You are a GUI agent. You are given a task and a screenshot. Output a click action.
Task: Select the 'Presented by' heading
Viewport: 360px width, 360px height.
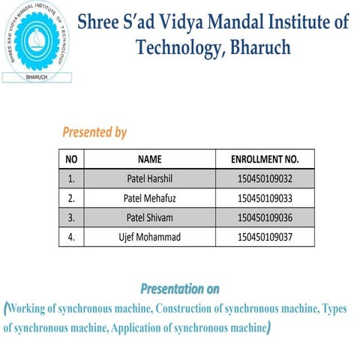click(x=94, y=133)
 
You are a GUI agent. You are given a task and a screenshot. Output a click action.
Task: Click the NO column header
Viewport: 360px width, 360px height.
click(x=72, y=159)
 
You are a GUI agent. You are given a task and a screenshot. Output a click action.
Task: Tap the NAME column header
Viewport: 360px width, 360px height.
click(x=150, y=159)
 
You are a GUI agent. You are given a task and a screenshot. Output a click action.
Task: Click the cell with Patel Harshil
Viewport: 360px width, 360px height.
click(x=150, y=179)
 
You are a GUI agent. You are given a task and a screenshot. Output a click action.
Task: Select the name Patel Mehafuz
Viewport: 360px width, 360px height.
click(x=150, y=199)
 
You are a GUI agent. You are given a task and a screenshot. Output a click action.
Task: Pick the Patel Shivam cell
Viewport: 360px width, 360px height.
click(x=150, y=218)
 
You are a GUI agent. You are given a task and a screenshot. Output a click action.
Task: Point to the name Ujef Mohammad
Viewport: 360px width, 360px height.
click(x=150, y=238)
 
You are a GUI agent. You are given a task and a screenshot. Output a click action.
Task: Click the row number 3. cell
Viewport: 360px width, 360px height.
click(x=72, y=218)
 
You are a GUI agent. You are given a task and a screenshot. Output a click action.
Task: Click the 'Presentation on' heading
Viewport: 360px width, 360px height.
click(x=180, y=289)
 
